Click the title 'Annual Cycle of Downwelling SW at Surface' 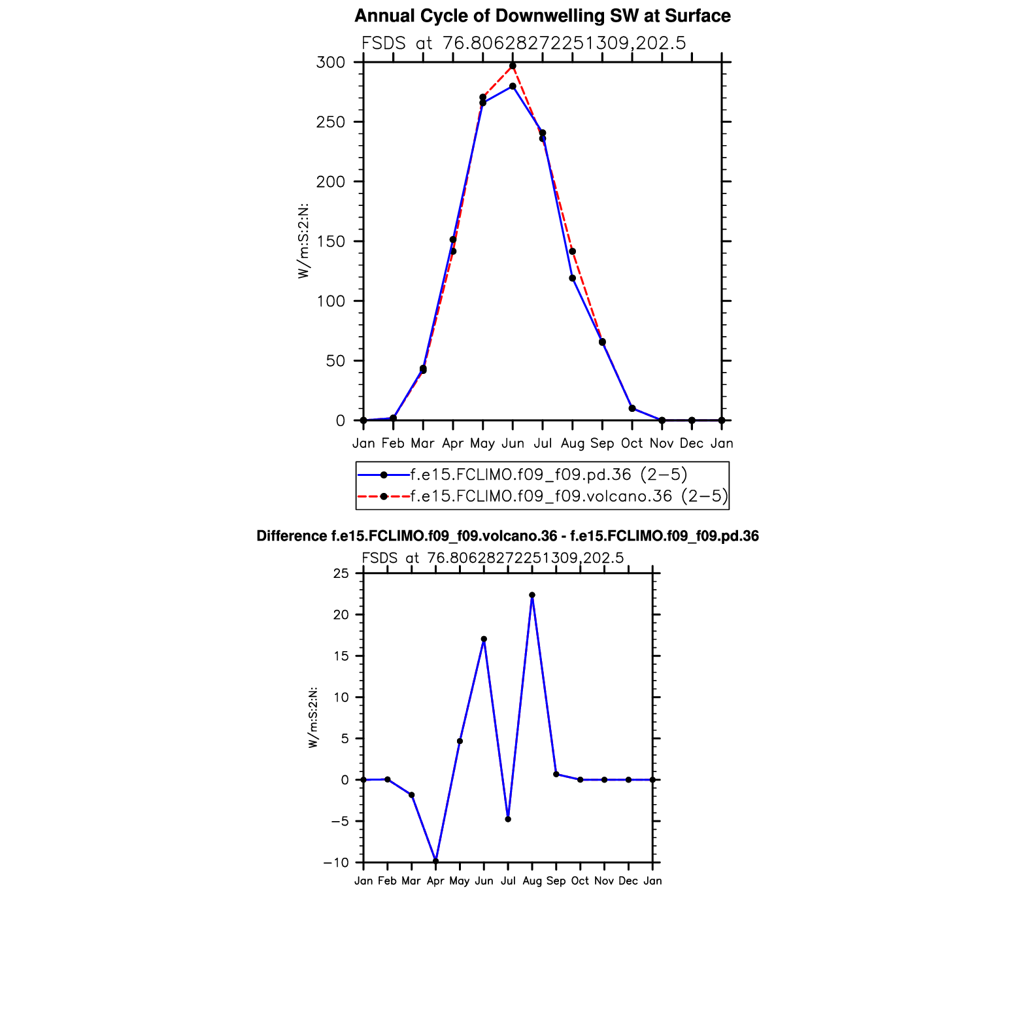(542, 16)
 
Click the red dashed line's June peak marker (513, 66)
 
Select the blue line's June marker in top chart (513, 86)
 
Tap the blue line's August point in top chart (572, 278)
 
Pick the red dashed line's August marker (572, 252)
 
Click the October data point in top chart (632, 409)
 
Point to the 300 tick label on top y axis (331, 63)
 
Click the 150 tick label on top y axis (331, 242)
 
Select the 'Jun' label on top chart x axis (513, 444)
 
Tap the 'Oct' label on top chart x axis (632, 444)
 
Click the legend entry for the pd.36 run (548, 475)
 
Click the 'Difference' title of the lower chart (507, 537)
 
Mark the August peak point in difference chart (532, 596)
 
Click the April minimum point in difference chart (435, 861)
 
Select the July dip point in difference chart (508, 819)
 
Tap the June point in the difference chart (484, 639)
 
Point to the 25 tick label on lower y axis (341, 574)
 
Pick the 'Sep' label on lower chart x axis (556, 881)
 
